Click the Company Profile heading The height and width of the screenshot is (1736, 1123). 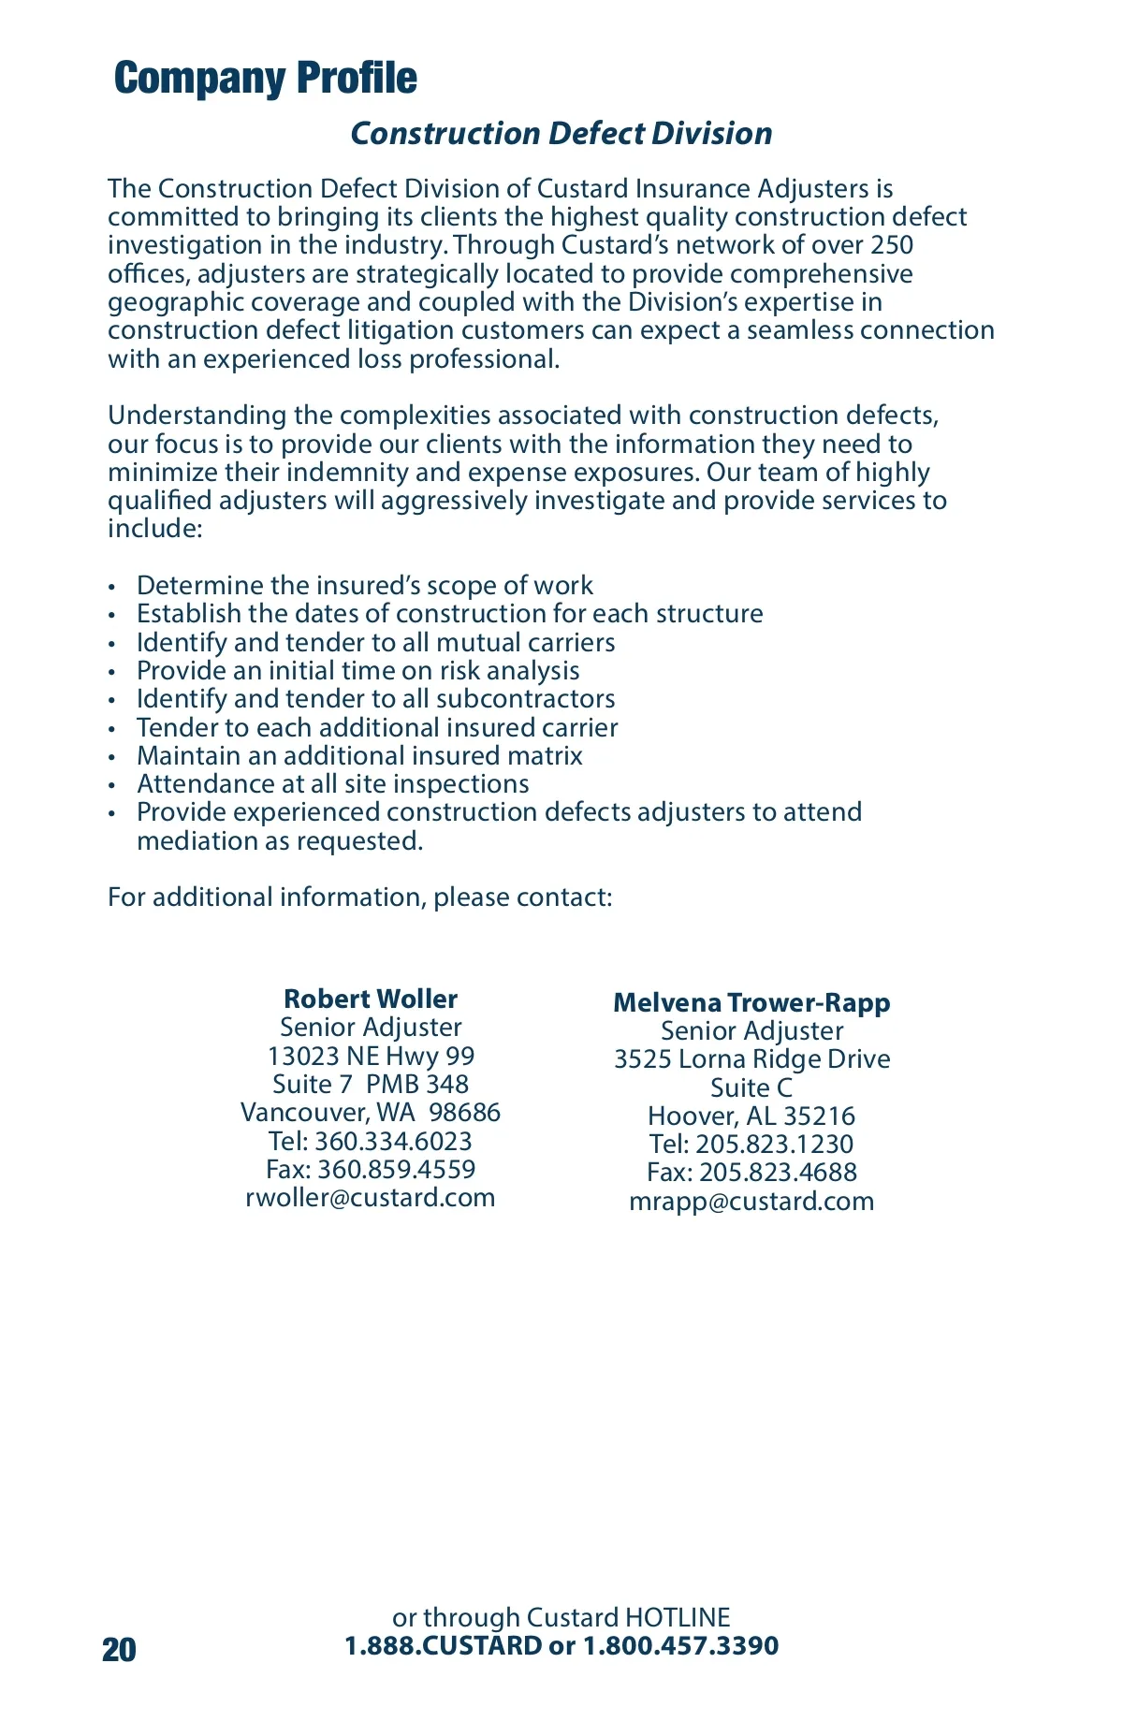click(265, 79)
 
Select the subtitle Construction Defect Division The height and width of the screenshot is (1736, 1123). click(561, 134)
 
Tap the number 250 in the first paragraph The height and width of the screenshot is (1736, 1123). click(892, 245)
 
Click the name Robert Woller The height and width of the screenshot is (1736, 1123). click(371, 999)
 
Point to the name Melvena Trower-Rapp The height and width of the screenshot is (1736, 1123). click(751, 1003)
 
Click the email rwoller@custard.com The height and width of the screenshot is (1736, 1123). click(371, 1198)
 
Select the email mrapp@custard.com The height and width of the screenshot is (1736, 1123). click(751, 1202)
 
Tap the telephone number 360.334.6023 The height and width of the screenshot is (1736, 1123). click(393, 1142)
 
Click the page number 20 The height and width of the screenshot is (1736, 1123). click(119, 1650)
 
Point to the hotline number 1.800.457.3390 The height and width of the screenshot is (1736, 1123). click(680, 1646)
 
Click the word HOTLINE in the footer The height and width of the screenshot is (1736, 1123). click(678, 1618)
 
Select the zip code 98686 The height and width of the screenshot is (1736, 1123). click(464, 1113)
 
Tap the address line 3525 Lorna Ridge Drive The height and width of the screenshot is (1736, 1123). click(751, 1059)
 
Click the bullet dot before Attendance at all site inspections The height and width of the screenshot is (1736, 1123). click(112, 785)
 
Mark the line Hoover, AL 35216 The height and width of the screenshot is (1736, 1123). click(751, 1116)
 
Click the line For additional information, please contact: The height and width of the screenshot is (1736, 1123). click(360, 897)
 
